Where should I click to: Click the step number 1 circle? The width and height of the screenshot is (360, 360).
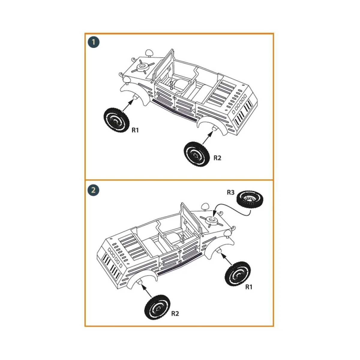tap(94, 42)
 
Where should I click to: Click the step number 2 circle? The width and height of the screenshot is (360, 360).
tap(94, 190)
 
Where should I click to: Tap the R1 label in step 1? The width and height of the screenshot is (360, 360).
tap(135, 130)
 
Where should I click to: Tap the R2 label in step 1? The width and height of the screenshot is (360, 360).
tap(217, 158)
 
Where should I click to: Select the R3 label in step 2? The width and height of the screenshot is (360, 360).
tap(230, 193)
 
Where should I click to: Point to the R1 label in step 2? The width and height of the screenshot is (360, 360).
tap(249, 287)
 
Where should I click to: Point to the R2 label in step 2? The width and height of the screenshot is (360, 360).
tap(175, 313)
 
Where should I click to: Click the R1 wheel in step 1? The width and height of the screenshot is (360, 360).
tap(116, 120)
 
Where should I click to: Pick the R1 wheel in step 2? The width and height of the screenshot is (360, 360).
tap(238, 273)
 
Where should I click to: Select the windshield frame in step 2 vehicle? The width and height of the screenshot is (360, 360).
tap(189, 217)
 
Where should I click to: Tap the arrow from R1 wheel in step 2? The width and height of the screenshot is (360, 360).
tap(228, 259)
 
